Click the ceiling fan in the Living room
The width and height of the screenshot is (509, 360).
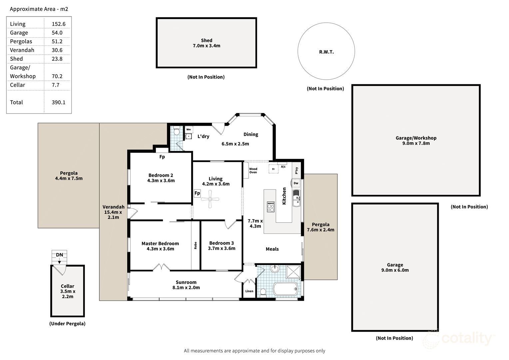click(210, 199)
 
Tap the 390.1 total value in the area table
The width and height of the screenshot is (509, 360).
click(58, 102)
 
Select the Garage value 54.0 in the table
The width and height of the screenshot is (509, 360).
click(57, 33)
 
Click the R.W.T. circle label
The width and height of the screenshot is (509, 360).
click(326, 52)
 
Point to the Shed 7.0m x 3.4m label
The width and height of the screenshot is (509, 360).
click(207, 43)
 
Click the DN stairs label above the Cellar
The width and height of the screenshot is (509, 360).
click(59, 255)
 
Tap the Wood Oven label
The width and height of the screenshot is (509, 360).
click(253, 171)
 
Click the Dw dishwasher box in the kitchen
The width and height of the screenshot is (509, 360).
click(296, 183)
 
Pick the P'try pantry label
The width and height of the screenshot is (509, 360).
click(296, 170)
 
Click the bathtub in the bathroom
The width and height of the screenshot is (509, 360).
click(285, 289)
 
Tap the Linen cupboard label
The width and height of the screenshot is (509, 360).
click(249, 291)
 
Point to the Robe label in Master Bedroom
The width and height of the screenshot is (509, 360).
click(196, 245)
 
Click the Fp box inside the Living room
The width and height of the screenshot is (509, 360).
click(197, 193)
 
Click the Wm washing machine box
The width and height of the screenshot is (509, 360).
click(189, 129)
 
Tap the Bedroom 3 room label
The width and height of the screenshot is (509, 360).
click(222, 246)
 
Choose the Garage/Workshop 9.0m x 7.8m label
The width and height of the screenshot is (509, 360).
click(416, 140)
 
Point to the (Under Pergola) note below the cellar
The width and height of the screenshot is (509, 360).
click(67, 324)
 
